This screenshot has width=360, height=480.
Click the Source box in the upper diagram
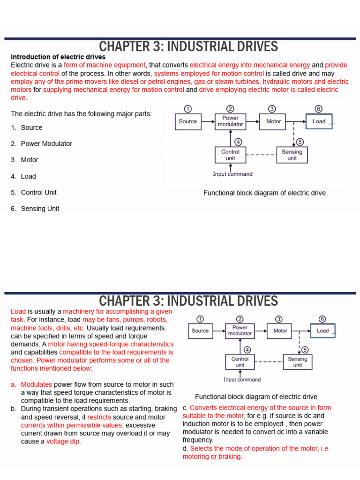coord(188,121)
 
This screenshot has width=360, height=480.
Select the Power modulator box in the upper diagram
coord(230,121)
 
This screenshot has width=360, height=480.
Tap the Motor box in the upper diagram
coord(273,121)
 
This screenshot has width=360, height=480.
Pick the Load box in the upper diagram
coord(319,121)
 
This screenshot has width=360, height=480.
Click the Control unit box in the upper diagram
coord(230,155)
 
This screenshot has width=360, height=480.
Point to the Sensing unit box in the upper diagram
coord(292,155)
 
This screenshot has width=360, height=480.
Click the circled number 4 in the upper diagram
coord(238,142)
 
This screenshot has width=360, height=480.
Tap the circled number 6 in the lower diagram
coord(322,319)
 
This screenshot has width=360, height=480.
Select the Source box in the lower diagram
coord(200,330)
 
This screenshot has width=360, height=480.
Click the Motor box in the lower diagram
coord(280,330)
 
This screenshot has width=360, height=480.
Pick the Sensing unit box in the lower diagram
coord(298,362)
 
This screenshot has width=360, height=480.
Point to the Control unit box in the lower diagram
coord(240,362)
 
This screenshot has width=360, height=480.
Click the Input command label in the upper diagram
coord(232,174)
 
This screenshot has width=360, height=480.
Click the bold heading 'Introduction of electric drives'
coord(58,57)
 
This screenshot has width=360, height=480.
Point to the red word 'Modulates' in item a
coord(37,384)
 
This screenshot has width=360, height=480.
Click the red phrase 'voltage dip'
coord(63,441)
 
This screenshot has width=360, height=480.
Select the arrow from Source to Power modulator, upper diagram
coord(207,121)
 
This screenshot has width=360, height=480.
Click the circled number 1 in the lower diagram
coord(200,319)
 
